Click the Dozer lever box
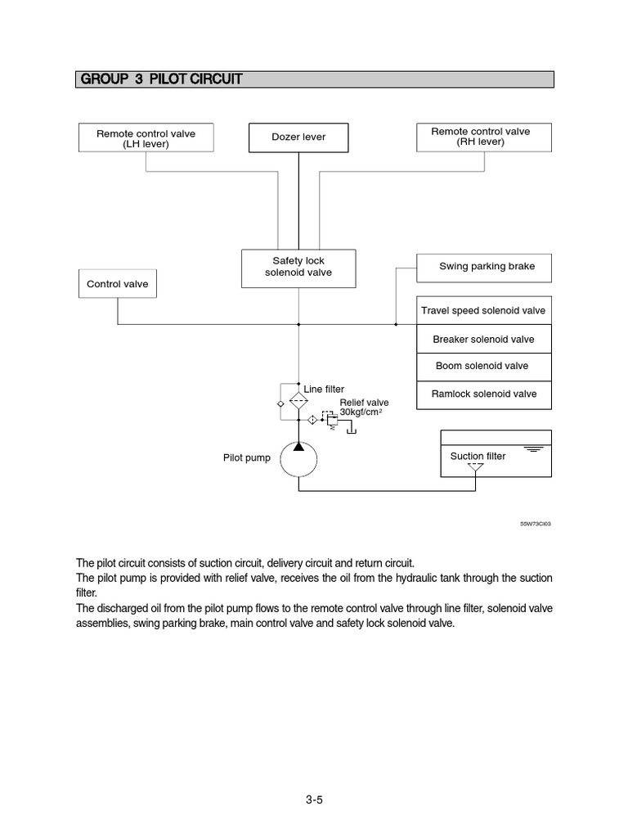298,137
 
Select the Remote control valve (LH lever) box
146,137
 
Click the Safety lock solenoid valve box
298,268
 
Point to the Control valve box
118,285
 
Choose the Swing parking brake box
483,267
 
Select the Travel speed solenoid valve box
483,311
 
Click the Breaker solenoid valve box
483,339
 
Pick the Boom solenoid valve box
483,367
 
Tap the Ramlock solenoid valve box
483,394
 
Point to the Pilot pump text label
246,458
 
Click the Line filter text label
324,389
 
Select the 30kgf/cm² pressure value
361,412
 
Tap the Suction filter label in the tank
478,456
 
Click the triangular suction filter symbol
474,469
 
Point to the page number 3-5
314,800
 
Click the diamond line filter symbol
298,401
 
